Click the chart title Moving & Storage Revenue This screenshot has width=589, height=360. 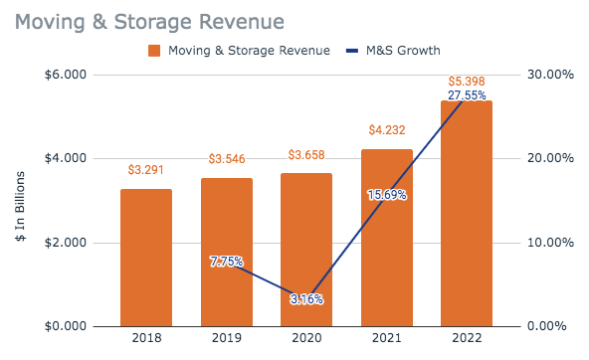pos(148,21)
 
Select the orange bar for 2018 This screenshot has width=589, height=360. pos(146,258)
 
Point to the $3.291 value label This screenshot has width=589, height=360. pos(146,170)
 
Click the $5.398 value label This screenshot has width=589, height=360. pos(467,81)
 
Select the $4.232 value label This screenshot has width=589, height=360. pos(387,129)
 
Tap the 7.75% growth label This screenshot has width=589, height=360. pos(226,262)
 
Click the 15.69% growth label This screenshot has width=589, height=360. pos(387,195)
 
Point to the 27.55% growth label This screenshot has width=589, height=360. pos(467,96)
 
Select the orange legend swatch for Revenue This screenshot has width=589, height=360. pos(154,51)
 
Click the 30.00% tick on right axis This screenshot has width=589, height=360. pos(547,75)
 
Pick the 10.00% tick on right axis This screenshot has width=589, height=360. pos(547,243)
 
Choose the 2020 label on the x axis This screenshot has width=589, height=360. pos(306,339)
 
